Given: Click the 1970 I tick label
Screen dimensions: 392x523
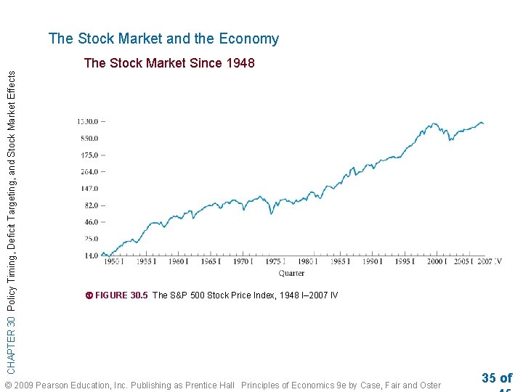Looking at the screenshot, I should [x=241, y=262].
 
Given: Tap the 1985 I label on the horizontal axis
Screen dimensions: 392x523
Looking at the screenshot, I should [x=338, y=262].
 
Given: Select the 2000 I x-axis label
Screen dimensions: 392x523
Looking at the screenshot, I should [x=437, y=262].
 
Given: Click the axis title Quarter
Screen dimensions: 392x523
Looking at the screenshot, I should [x=291, y=273].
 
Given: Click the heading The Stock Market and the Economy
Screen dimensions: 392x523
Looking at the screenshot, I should [x=163, y=39].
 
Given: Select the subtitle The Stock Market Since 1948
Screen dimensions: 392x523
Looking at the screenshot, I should [x=169, y=63].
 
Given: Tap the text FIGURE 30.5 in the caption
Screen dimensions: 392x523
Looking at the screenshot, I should [x=121, y=295].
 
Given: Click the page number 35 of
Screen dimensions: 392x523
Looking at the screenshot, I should [x=497, y=377].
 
